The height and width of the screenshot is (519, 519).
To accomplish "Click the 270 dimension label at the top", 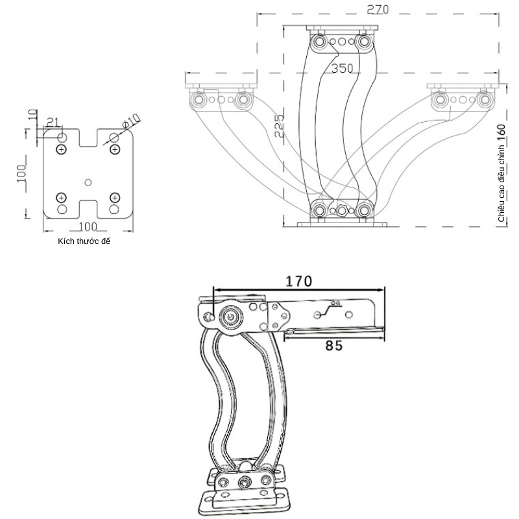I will tap(379, 10).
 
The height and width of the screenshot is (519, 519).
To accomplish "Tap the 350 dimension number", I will tap(342, 68).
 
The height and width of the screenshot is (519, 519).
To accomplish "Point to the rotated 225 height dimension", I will tap(278, 126).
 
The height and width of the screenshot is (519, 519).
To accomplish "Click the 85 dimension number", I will tap(333, 346).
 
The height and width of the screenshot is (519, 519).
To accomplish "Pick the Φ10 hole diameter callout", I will tap(131, 121).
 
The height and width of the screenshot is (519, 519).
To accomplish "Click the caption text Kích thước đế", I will tap(84, 241).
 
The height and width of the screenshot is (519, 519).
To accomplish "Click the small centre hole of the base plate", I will tap(88, 182).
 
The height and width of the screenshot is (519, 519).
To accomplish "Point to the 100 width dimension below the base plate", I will tap(88, 226).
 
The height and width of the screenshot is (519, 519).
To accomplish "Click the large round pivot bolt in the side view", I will tap(230, 317).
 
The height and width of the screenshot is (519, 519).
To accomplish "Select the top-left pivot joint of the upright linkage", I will tap(319, 42).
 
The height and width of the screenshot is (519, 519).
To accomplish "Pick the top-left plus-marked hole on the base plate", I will tap(62, 150).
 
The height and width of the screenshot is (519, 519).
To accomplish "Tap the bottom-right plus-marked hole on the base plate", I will tap(115, 197).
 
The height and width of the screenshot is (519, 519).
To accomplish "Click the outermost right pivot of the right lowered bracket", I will tap(483, 100).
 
